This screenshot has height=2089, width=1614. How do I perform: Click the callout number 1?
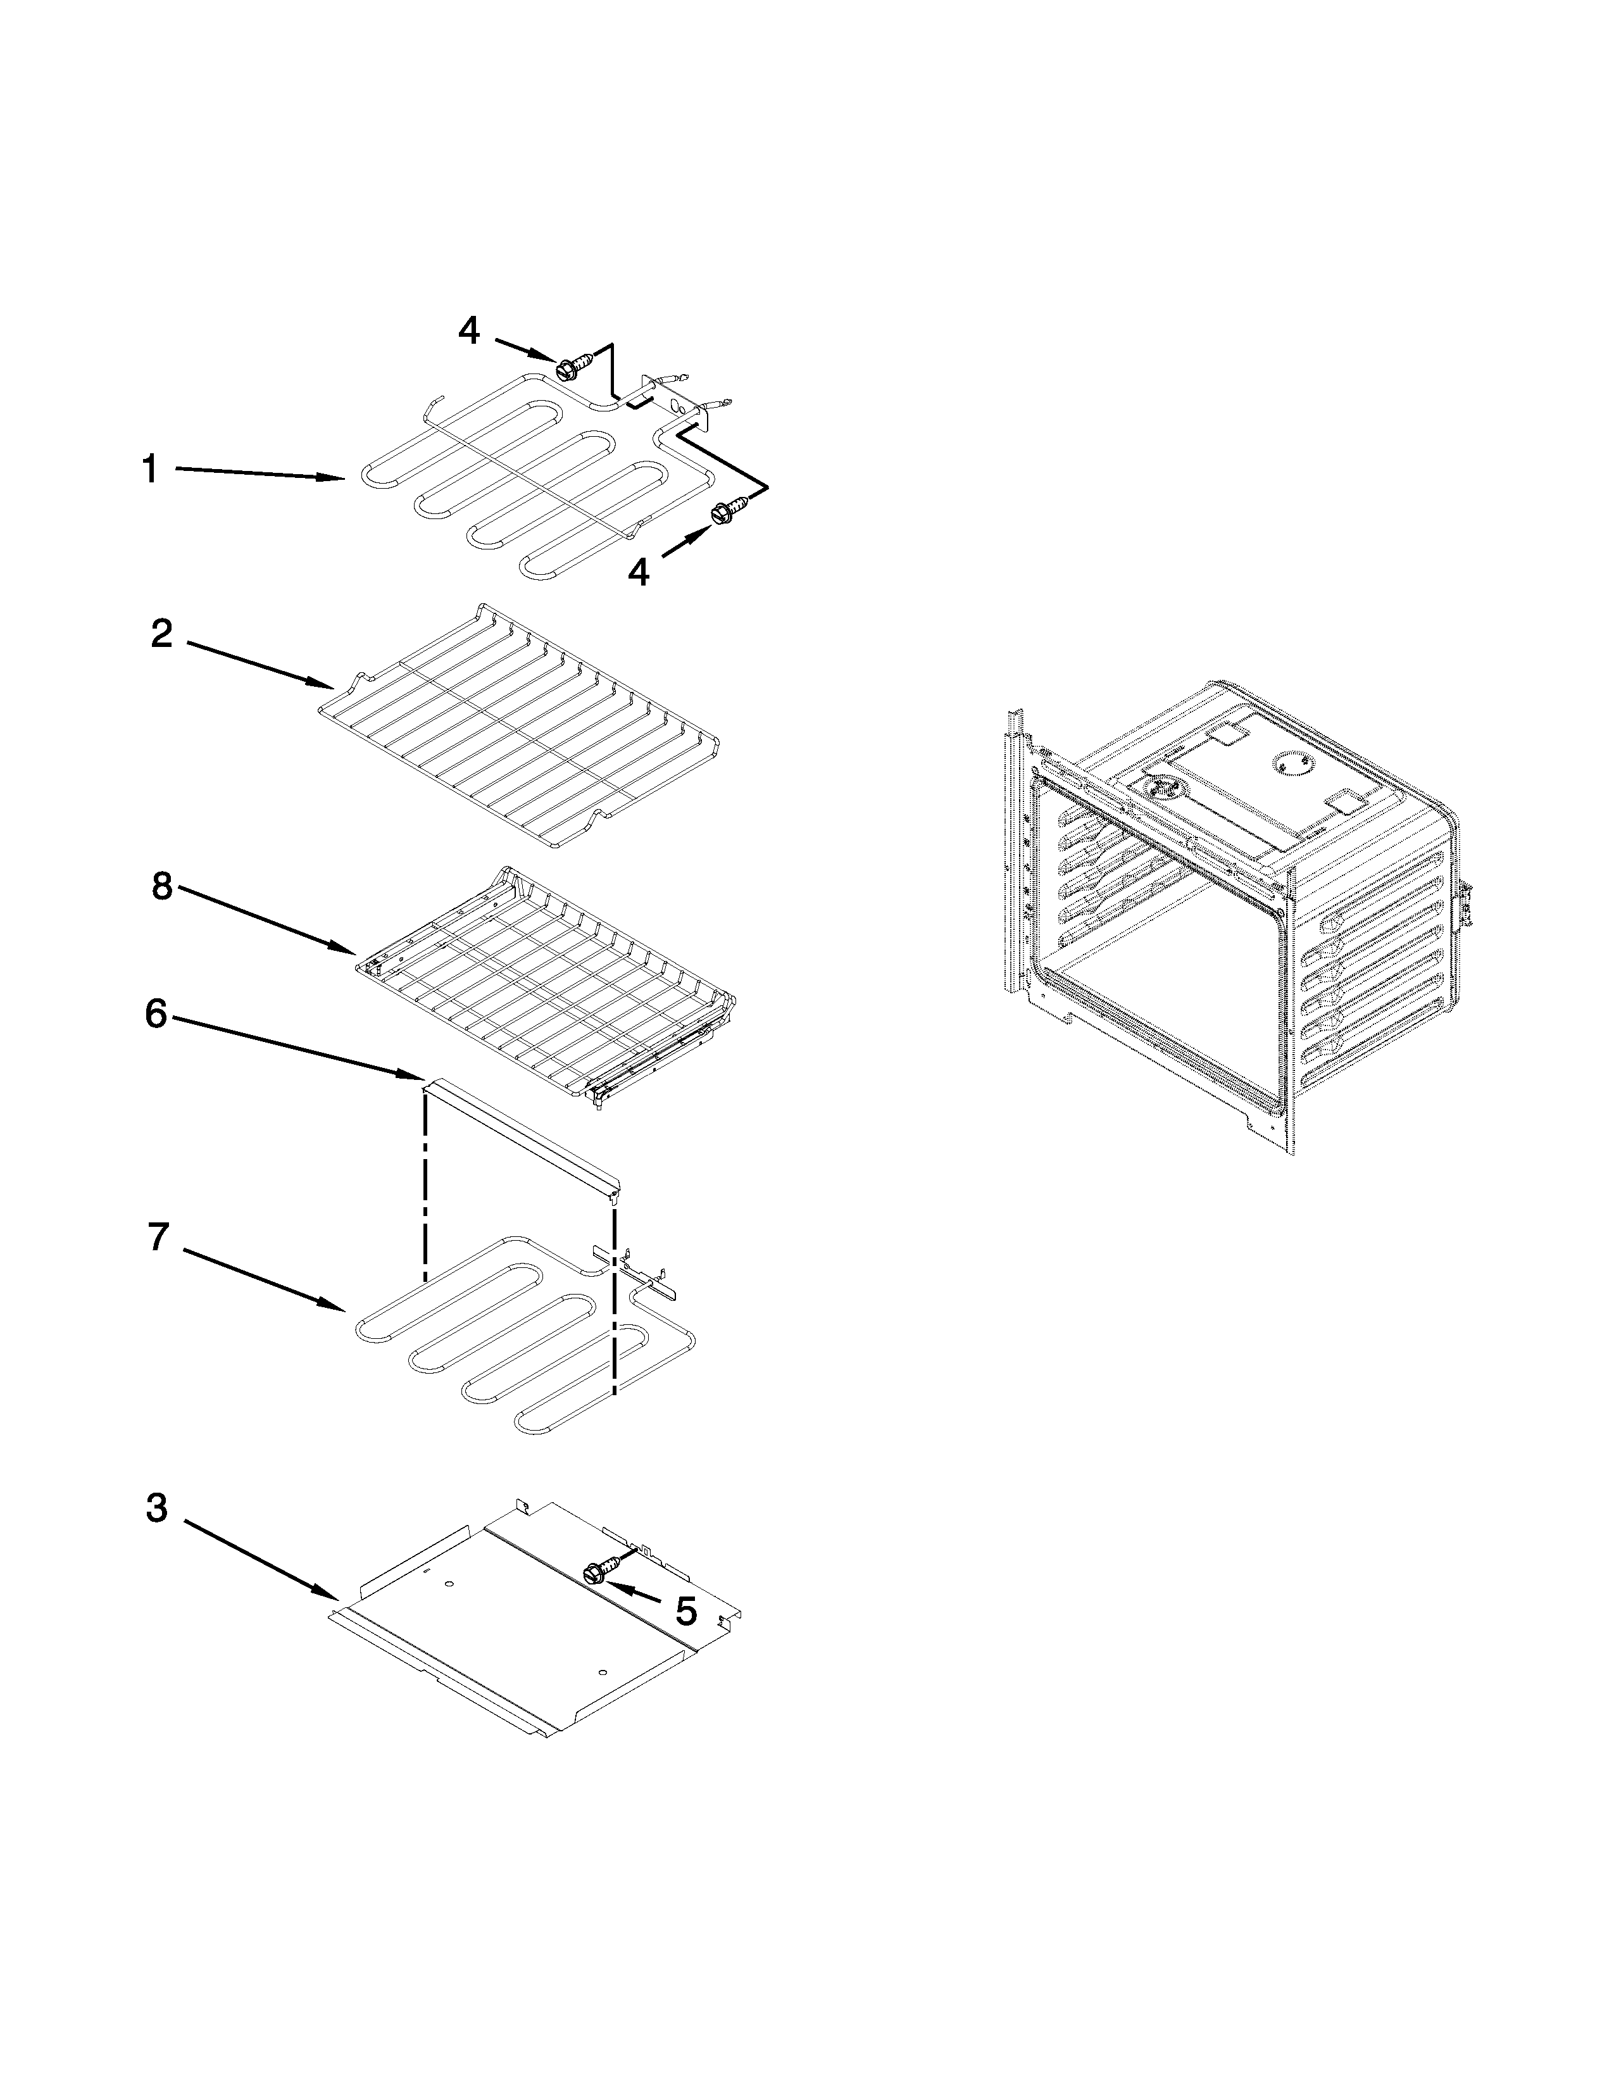tap(150, 470)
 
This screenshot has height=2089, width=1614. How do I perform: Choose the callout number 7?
tap(159, 1237)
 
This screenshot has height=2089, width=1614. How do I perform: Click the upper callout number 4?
tap(468, 331)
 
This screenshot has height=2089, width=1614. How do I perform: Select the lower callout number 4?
tap(638, 572)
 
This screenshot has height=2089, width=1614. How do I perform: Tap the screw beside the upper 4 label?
tap(571, 365)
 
